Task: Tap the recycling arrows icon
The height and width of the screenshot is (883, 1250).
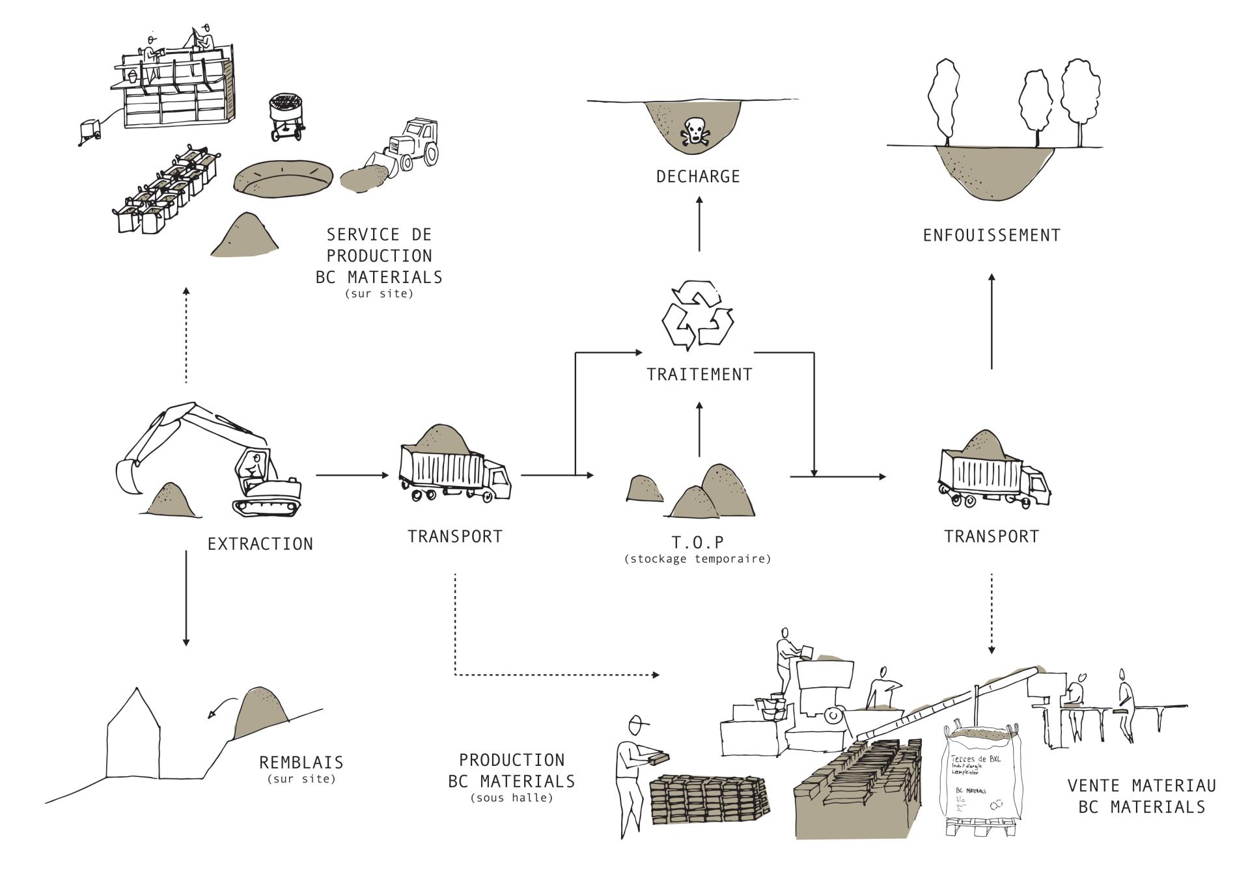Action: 697,314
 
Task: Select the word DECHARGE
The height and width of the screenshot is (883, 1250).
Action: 698,176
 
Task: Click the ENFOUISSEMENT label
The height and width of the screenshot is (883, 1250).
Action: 992,235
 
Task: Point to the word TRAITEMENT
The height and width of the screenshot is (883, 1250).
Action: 699,375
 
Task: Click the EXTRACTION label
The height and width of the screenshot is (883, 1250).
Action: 260,544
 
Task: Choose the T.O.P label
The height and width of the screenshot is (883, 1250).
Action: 698,542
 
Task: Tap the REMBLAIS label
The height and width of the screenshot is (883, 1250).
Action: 301,762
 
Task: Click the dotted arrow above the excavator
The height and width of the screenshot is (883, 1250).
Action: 186,335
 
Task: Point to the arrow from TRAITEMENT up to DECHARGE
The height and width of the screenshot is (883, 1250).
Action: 699,224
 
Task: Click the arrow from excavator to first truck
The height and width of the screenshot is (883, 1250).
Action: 352,476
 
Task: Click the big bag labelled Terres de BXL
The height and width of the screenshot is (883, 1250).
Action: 982,778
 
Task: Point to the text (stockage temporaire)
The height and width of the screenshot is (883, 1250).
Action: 697,559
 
